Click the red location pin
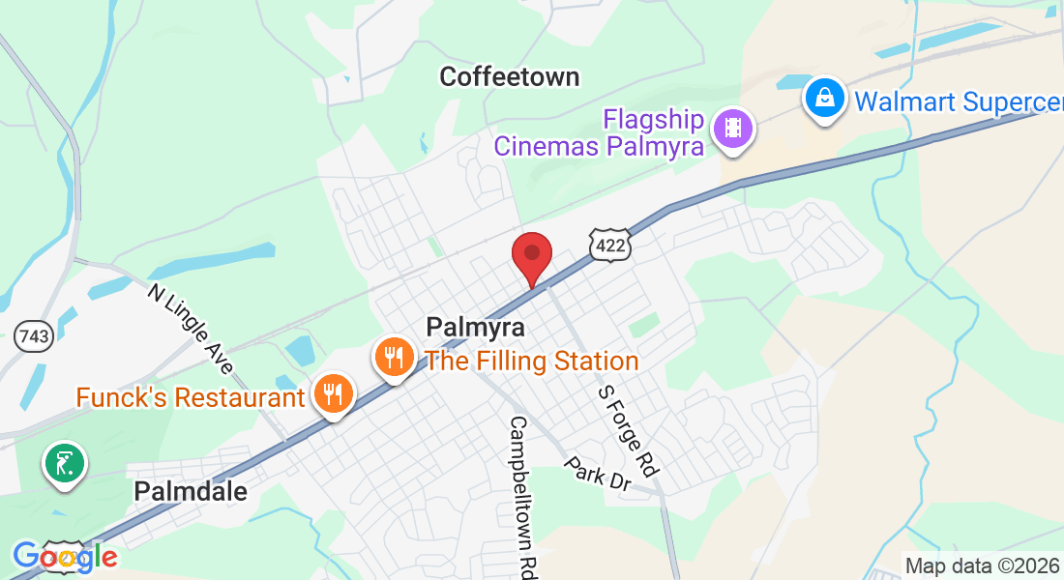coord(531,254)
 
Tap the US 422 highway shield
coord(611,246)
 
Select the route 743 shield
coord(34,337)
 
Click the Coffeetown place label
coord(509,76)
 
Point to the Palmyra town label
coord(476,328)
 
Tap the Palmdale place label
coord(191,491)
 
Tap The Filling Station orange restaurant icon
coord(393,359)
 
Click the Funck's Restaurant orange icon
coord(333,394)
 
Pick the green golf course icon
coord(65,464)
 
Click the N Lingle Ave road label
coord(192,329)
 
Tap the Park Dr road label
coord(599,476)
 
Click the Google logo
coord(65,557)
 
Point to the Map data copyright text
coord(981,566)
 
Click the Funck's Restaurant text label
coord(191,397)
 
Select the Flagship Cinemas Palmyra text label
coord(598,133)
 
